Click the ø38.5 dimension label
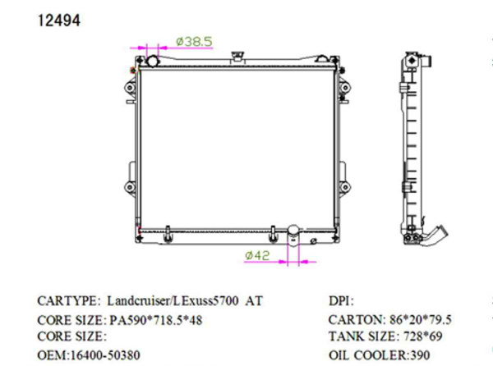[x=195, y=39]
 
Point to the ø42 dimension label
[x=257, y=255]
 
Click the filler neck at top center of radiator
[x=238, y=57]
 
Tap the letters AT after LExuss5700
[x=254, y=301]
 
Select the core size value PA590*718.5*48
[x=155, y=319]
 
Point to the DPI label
[x=340, y=301]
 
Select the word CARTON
[x=354, y=319]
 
